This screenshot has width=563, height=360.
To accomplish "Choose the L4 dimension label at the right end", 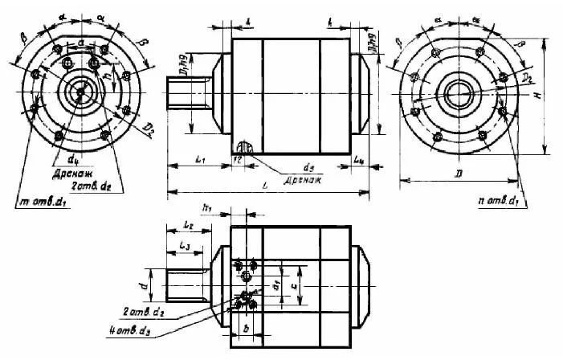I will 359,160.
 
